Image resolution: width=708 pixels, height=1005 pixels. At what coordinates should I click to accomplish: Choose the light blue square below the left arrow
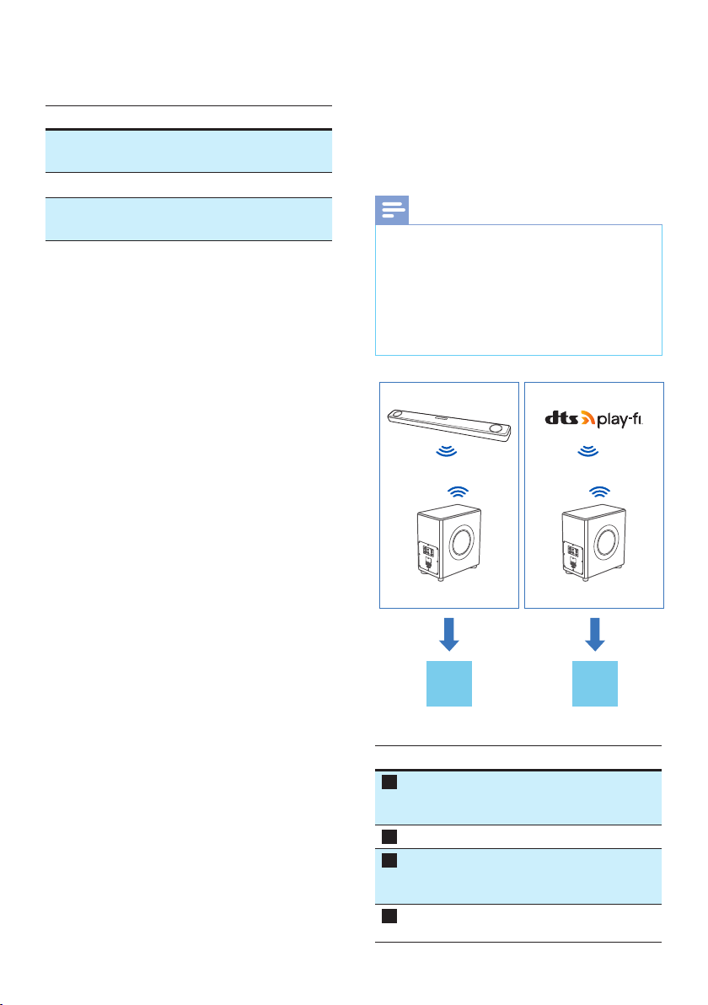pyautogui.click(x=449, y=684)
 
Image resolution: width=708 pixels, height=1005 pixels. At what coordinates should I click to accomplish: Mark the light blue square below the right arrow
pyautogui.click(x=595, y=684)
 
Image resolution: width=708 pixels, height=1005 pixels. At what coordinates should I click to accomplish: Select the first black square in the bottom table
pyautogui.click(x=388, y=782)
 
